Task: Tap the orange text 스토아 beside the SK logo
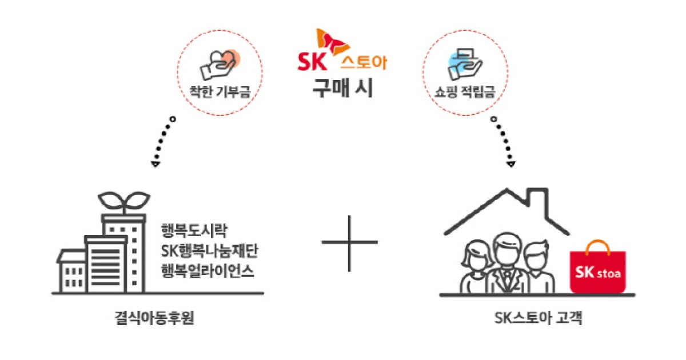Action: coord(364,62)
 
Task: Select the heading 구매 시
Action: coord(342,89)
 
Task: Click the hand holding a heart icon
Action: coord(220,64)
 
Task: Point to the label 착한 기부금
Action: coord(221,91)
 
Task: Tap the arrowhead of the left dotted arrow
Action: coord(155,165)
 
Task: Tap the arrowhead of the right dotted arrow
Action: coord(511,165)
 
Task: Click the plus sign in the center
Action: coord(349,242)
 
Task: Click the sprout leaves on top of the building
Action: coord(125,201)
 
